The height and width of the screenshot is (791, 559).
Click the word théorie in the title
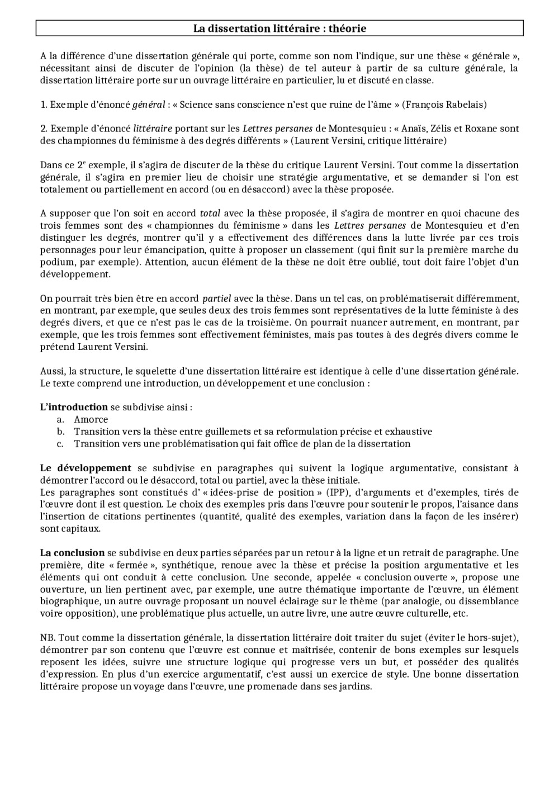tap(345, 28)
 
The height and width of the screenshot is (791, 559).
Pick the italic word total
tap(210, 213)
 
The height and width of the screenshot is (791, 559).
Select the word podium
tap(55, 262)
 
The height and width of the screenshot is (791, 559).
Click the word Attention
tap(165, 262)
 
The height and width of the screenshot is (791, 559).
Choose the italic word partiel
tap(216, 299)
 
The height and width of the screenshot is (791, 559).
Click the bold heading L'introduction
tap(74, 407)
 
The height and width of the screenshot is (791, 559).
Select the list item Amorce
tap(91, 419)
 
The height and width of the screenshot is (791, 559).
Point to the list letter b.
tap(60, 432)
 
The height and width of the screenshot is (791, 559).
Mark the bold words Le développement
tap(86, 468)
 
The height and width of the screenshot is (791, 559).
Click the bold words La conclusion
tap(72, 553)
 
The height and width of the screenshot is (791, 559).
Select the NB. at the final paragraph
tap(48, 638)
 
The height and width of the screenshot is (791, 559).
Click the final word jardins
tap(356, 686)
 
